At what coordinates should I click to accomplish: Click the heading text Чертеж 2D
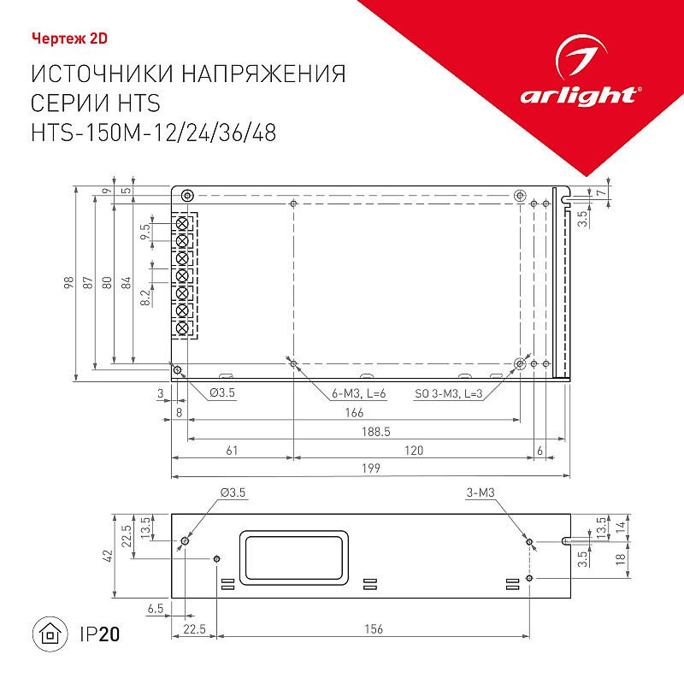69,38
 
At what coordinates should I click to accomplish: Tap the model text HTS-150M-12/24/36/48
154,133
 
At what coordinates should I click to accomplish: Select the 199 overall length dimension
371,468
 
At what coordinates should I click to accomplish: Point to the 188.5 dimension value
376,432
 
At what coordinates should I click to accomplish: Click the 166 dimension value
354,412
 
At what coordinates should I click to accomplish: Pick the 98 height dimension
69,283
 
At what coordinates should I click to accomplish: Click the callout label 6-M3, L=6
358,393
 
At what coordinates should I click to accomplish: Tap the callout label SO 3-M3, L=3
448,393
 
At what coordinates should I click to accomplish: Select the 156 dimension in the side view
374,628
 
